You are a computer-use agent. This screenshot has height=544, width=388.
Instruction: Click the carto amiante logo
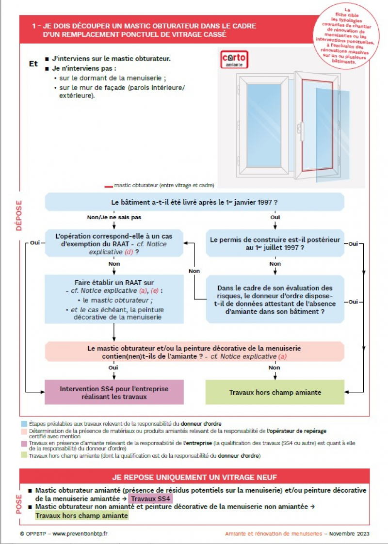234,59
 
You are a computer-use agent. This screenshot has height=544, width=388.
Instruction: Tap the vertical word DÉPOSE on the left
19,215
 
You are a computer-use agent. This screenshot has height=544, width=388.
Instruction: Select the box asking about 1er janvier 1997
194,202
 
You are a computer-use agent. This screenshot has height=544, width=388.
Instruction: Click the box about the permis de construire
275,243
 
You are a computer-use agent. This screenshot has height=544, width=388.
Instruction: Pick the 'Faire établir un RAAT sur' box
114,299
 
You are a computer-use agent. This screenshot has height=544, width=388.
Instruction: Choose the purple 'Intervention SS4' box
114,392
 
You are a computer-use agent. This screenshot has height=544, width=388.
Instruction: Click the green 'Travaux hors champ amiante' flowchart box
275,392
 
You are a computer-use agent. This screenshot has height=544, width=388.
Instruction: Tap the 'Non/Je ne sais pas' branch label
114,218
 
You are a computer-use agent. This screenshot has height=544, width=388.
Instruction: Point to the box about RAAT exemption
114,243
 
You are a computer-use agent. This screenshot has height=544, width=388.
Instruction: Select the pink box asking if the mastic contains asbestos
194,352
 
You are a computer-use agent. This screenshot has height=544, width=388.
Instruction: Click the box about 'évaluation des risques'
275,299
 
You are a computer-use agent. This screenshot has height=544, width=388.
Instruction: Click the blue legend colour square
24,424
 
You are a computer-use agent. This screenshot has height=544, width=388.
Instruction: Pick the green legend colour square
24,456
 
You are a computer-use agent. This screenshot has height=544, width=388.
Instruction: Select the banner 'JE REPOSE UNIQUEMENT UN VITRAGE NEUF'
194,477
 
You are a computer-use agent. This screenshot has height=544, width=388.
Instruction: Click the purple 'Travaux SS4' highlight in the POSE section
150,499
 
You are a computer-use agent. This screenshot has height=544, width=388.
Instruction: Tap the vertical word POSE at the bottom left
19,504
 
